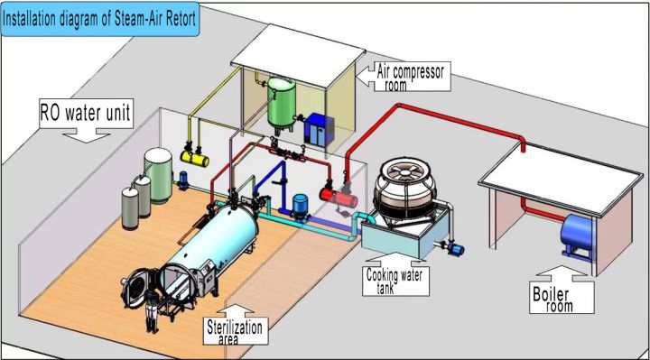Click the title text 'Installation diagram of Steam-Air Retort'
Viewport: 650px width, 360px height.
[x=107, y=14]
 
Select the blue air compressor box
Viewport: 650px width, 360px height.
[x=317, y=128]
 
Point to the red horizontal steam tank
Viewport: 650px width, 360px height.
[x=352, y=187]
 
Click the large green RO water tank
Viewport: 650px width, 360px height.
[x=159, y=175]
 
